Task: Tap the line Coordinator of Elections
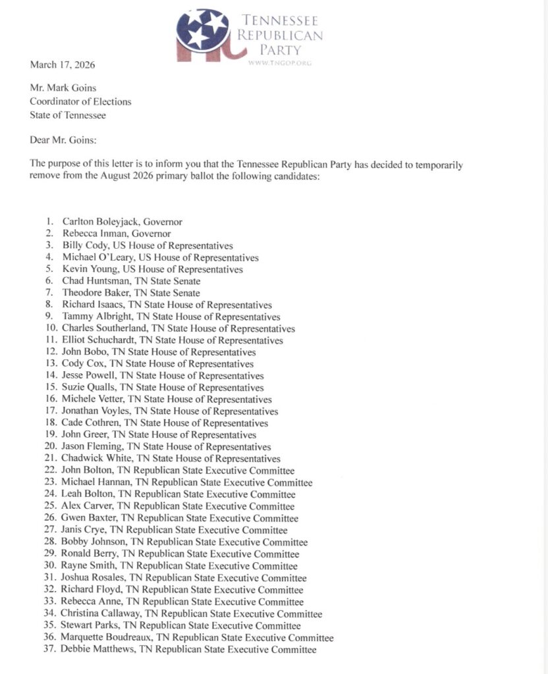click(x=80, y=101)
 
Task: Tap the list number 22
click(x=49, y=471)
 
